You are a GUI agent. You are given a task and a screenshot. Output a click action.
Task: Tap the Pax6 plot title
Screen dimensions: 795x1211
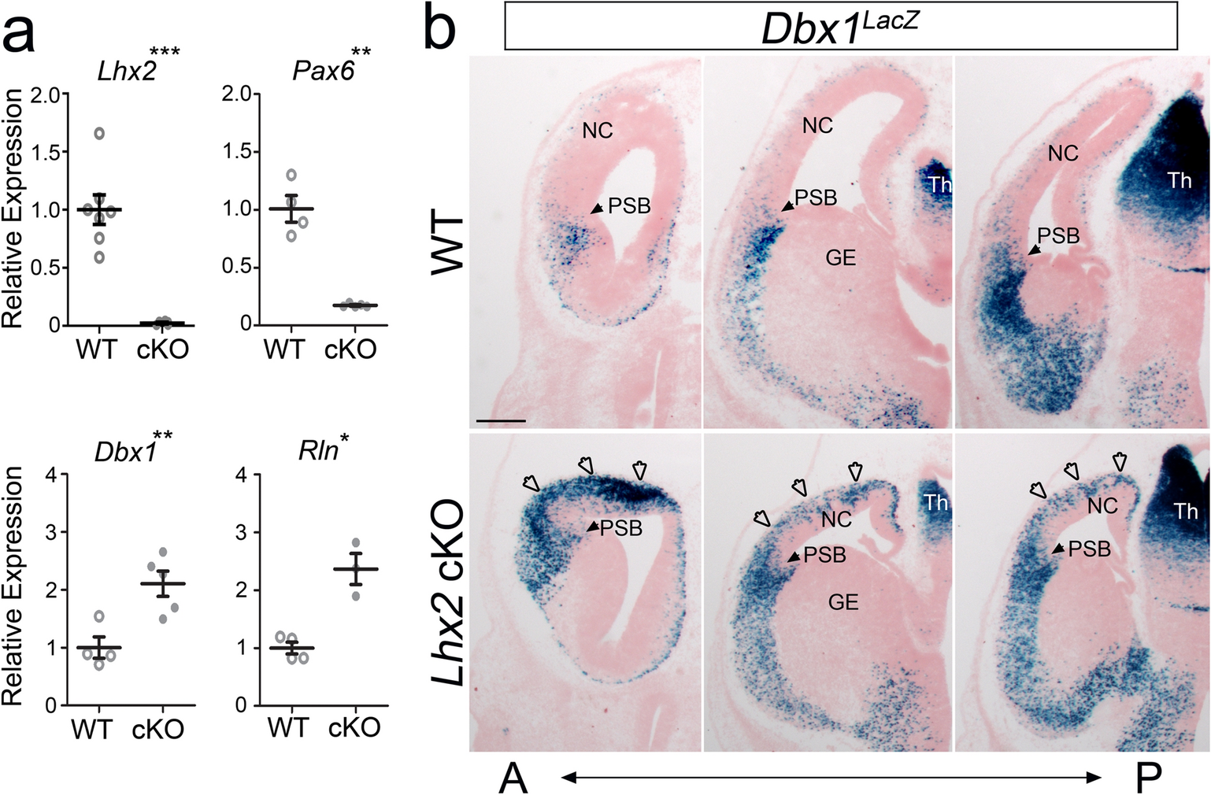[x=323, y=71]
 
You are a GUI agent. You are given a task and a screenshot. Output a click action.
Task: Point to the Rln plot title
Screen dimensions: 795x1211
[x=319, y=450]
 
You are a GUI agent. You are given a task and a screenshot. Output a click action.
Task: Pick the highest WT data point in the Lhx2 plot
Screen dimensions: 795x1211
[x=99, y=133]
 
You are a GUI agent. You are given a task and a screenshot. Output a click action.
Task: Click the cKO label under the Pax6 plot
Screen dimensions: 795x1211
[x=350, y=349]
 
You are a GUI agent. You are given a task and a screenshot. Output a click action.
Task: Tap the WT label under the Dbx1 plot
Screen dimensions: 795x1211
[x=92, y=729]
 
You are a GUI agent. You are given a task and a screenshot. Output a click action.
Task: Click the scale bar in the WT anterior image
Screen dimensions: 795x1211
[x=501, y=420]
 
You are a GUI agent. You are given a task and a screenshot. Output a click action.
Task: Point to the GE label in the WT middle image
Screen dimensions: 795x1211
[x=841, y=257]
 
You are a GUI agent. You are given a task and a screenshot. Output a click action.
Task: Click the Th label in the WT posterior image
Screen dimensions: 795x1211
[x=1179, y=181]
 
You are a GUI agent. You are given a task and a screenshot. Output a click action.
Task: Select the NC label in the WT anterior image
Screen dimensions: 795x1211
[x=598, y=130]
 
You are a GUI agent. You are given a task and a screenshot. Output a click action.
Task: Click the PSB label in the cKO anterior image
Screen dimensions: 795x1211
[x=621, y=528]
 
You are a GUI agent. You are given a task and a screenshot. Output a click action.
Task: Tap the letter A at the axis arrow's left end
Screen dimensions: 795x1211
[x=513, y=778]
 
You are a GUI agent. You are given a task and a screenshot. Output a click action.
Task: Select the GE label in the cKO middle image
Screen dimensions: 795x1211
[x=843, y=602]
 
